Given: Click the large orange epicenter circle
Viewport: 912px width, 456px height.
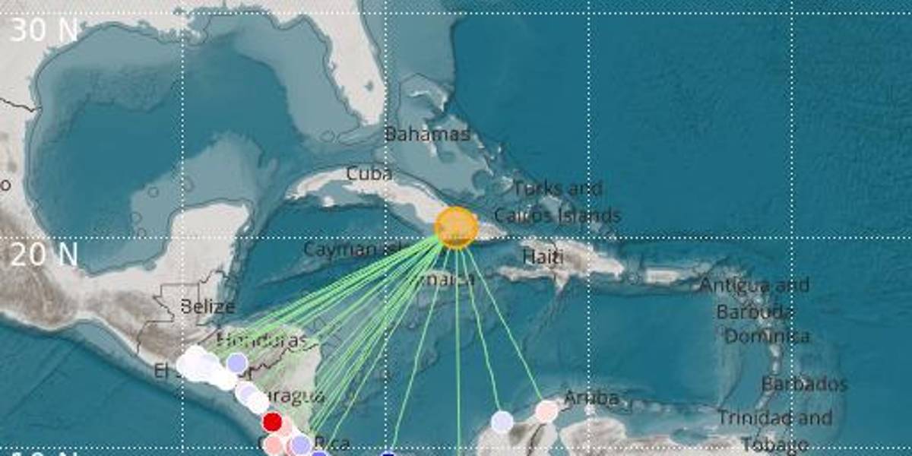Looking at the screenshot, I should pyautogui.click(x=456, y=227).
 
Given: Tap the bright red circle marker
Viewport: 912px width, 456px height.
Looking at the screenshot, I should pyautogui.click(x=272, y=422).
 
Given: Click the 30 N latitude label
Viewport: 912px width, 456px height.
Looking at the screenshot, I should pyautogui.click(x=44, y=30).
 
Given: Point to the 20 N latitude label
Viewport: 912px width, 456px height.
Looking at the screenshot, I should pyautogui.click(x=44, y=255).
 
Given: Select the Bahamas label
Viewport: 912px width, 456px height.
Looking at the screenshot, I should pyautogui.click(x=427, y=135).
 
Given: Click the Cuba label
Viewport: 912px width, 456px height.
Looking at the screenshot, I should pyautogui.click(x=369, y=174).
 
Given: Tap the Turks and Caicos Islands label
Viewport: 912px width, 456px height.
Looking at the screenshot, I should pyautogui.click(x=558, y=202).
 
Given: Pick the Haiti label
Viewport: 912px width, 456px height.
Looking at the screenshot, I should pyautogui.click(x=543, y=258).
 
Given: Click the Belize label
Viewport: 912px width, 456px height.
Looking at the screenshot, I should pyautogui.click(x=207, y=307).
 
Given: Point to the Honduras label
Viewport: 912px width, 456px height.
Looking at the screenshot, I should pyautogui.click(x=262, y=340).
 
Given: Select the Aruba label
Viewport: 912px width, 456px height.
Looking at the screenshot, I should pyautogui.click(x=591, y=398).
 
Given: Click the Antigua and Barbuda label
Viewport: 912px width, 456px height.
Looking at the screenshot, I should pyautogui.click(x=755, y=299).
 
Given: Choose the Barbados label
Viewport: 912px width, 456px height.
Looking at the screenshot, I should pyautogui.click(x=804, y=384).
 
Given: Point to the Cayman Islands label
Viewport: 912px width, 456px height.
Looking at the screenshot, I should pyautogui.click(x=351, y=249).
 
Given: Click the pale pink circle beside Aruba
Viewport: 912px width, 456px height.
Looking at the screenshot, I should pyautogui.click(x=546, y=411).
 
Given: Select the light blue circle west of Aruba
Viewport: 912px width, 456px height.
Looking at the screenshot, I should pyautogui.click(x=502, y=421).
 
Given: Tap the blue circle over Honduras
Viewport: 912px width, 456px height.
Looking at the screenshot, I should pyautogui.click(x=237, y=363).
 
